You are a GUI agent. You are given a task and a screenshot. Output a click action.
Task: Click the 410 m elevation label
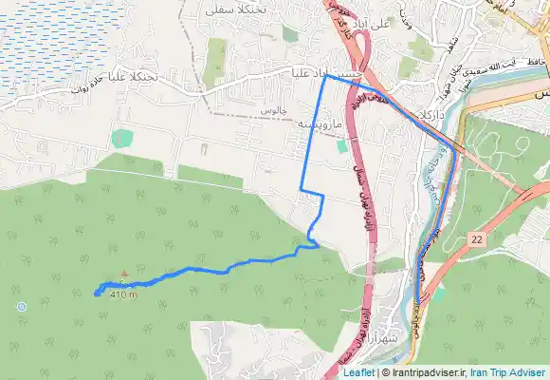coord(123,294)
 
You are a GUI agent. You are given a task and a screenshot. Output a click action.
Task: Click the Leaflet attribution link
coord(358,372)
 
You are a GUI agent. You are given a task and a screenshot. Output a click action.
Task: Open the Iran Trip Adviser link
coord(509,372)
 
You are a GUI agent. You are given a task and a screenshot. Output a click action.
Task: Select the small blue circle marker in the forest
coord(21,306)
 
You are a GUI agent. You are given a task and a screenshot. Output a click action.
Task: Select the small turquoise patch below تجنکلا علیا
coord(122,138)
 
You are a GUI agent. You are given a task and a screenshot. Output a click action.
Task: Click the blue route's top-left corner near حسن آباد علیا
coord(326,77)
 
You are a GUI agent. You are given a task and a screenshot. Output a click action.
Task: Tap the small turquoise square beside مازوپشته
coord(341,146)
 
